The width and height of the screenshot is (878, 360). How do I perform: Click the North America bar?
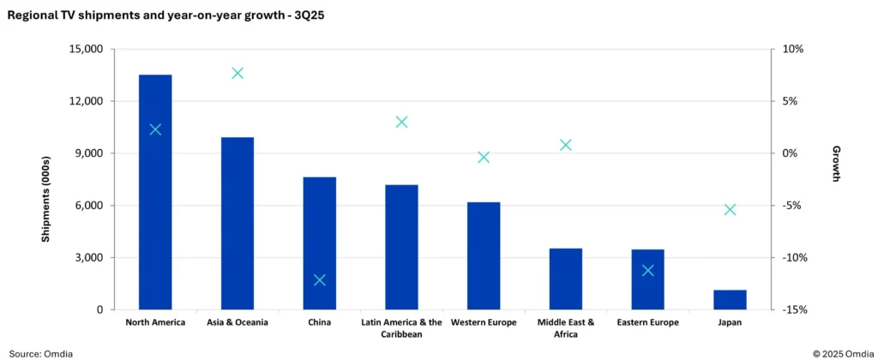(x=155, y=192)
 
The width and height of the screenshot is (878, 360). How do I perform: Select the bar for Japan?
(x=730, y=300)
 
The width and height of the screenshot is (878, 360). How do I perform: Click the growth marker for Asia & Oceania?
(x=238, y=73)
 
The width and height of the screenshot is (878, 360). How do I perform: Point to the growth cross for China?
(x=320, y=280)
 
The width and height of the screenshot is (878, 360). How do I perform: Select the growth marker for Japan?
(x=730, y=209)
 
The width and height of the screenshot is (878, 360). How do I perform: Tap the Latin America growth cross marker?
(x=401, y=122)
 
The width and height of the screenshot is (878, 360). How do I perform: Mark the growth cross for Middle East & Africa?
(x=566, y=145)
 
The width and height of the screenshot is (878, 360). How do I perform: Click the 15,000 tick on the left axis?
(x=85, y=49)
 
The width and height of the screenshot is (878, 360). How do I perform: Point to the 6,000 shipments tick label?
(x=88, y=206)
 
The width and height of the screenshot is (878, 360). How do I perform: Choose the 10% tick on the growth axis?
(x=793, y=49)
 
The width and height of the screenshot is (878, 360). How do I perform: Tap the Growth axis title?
(x=836, y=163)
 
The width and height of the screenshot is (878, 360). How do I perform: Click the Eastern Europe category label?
(x=647, y=323)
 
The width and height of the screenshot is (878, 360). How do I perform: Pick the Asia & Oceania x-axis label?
(x=238, y=323)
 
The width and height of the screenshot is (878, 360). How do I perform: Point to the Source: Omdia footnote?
(x=40, y=353)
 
